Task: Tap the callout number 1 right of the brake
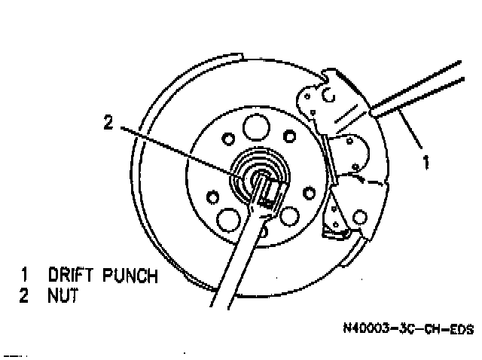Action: (426, 161)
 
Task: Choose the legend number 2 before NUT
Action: (25, 297)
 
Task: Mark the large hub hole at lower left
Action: (225, 220)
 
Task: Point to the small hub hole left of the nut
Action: (213, 197)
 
